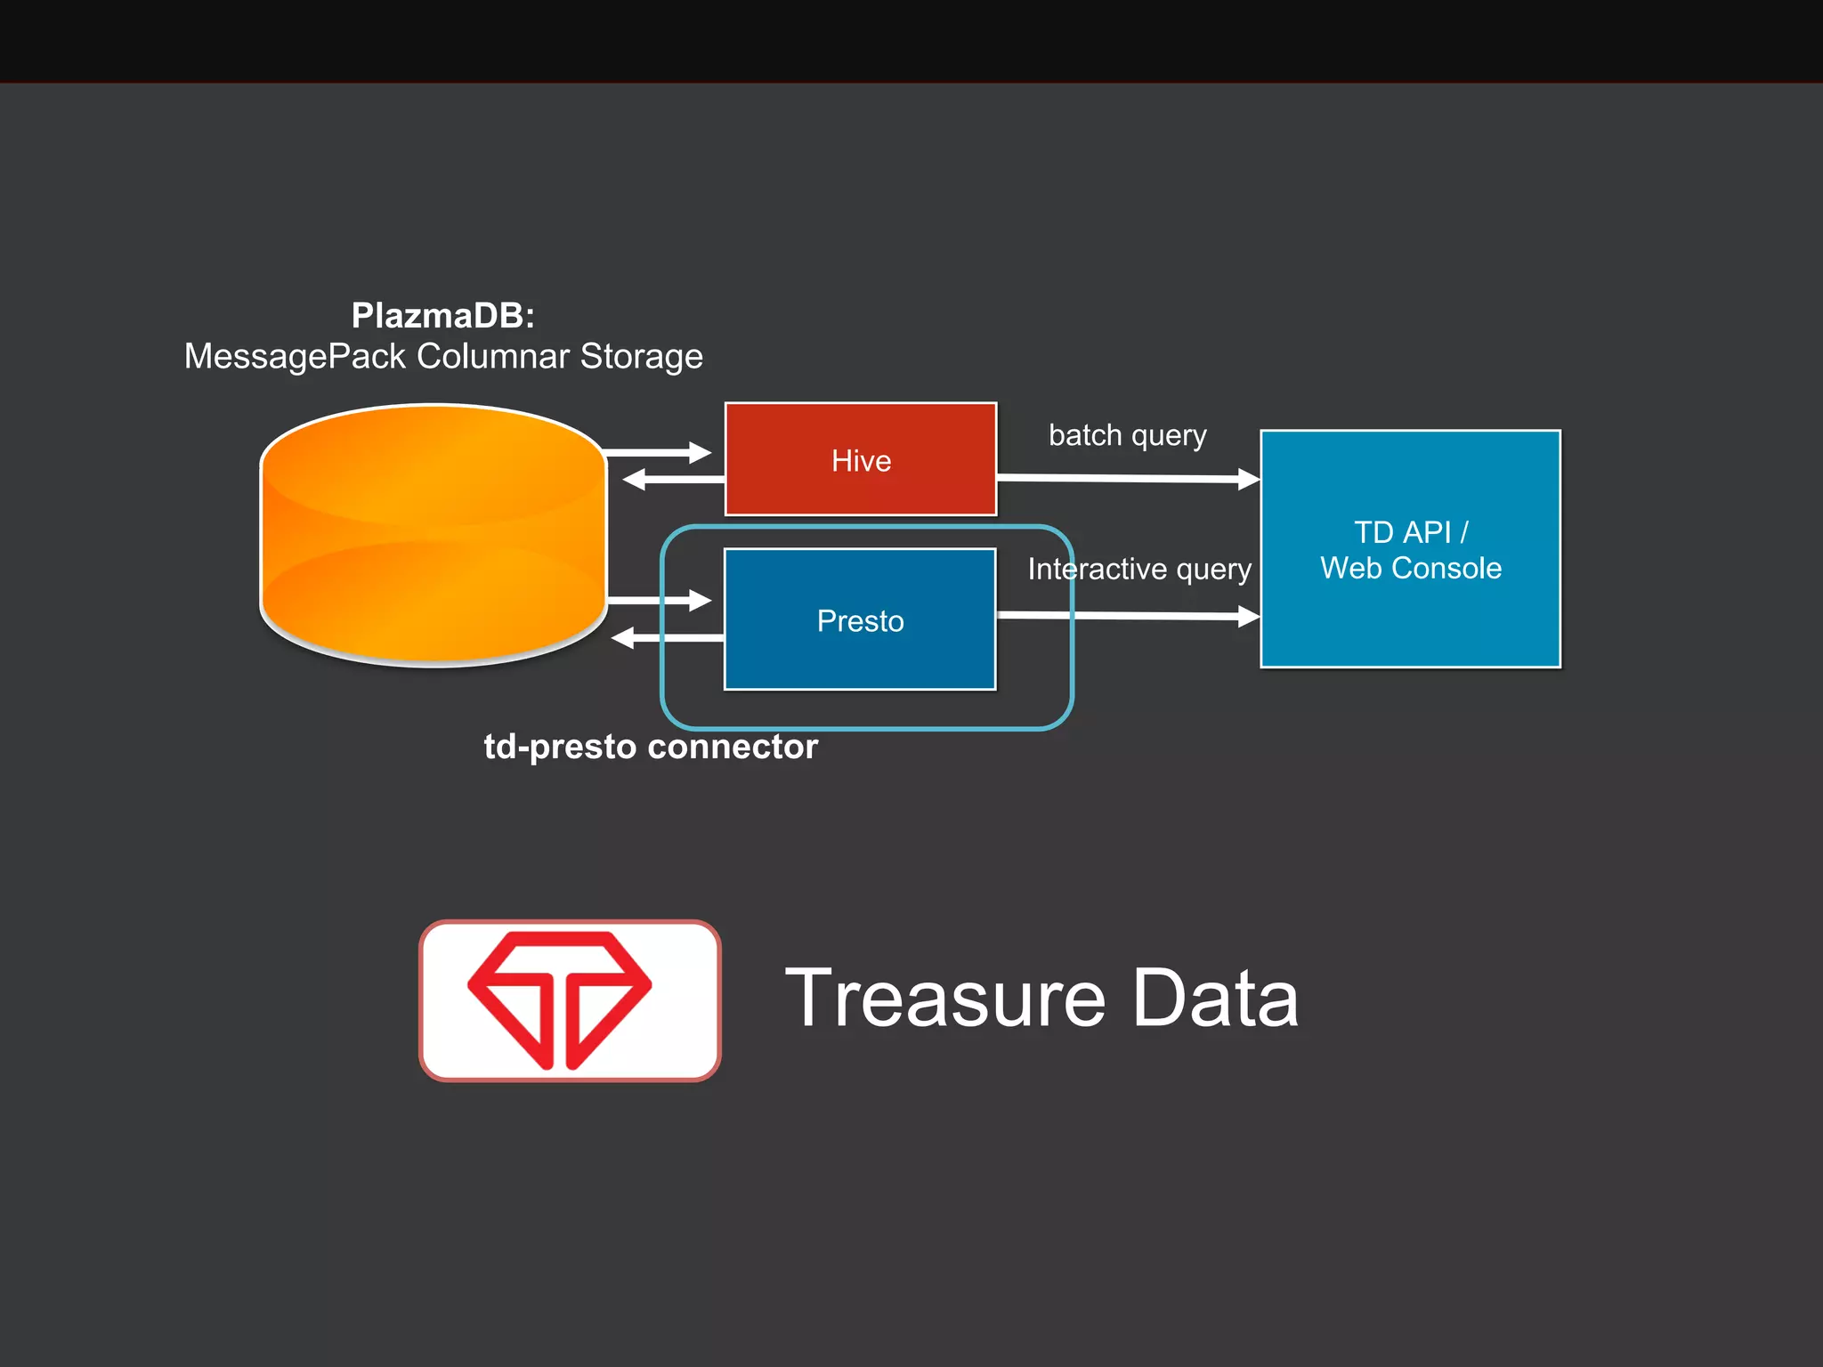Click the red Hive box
coord(860,459)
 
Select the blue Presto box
coord(860,619)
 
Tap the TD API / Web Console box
coord(1410,549)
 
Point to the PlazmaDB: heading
coord(442,315)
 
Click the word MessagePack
coord(295,356)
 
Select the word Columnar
coord(493,356)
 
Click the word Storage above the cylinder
coord(641,356)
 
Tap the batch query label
coord(1127,435)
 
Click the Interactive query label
coord(1138,569)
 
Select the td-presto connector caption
coord(651,746)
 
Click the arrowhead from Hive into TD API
coord(1248,480)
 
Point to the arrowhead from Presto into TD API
coord(1248,616)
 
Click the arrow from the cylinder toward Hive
coord(659,453)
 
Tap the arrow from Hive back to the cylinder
coord(672,480)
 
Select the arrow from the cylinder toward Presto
coord(659,601)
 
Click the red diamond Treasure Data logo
coord(560,999)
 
